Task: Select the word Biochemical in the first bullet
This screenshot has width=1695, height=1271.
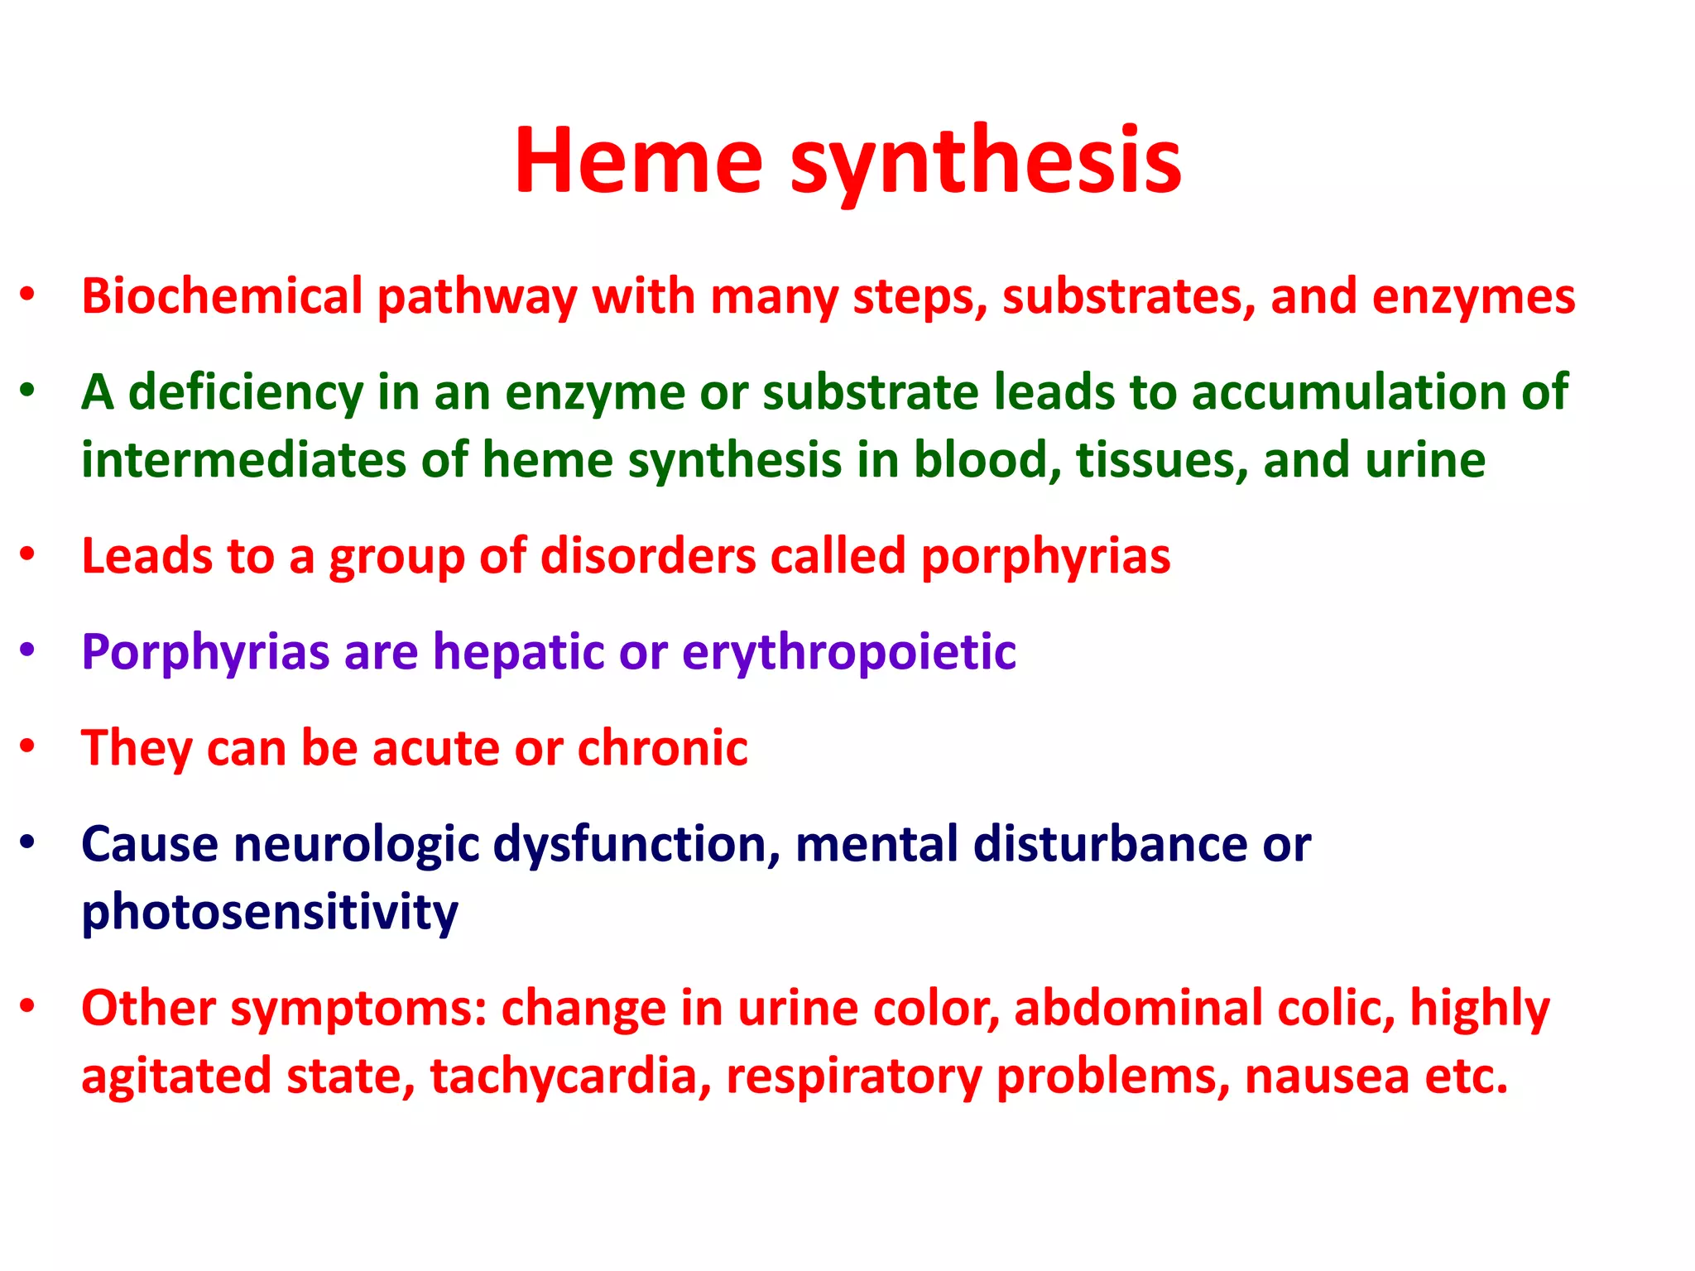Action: (222, 295)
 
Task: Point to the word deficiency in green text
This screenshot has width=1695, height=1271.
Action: (246, 392)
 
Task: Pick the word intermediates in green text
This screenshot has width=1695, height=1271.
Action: (243, 459)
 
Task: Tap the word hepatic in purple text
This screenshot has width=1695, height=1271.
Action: (518, 653)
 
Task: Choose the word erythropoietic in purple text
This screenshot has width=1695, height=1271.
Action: (848, 653)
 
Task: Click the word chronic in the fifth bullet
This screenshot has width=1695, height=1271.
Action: (662, 748)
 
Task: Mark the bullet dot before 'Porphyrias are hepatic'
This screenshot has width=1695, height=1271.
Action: (28, 650)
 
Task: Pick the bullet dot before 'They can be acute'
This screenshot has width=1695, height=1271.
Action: (28, 746)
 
